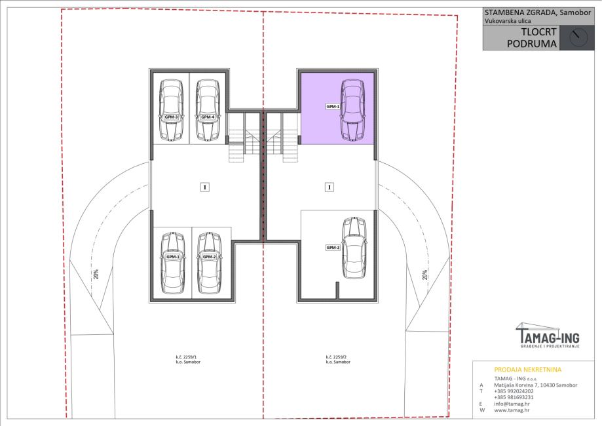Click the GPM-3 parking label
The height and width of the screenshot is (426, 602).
click(171, 117)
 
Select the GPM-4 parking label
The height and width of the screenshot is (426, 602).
click(208, 117)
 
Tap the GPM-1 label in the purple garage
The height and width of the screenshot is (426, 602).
click(333, 106)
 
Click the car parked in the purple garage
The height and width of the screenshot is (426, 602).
click(353, 110)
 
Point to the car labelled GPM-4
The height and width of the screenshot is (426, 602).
click(208, 110)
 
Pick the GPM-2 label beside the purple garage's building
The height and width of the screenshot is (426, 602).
click(333, 247)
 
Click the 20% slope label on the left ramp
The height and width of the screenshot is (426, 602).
click(96, 274)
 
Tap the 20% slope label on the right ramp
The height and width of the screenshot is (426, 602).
click(424, 275)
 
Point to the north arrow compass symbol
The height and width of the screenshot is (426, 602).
click(578, 37)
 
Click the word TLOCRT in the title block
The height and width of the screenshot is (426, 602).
click(538, 32)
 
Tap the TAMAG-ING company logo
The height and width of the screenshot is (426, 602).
click(548, 336)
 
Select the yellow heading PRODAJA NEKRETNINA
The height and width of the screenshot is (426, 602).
click(527, 370)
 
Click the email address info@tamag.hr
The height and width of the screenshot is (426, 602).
click(512, 404)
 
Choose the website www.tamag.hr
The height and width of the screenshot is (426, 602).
click(512, 410)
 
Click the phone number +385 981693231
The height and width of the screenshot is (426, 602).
click(514, 397)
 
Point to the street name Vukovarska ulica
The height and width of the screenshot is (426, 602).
click(508, 21)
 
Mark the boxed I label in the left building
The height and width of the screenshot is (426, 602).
click(205, 187)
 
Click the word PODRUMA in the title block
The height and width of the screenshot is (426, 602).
click(532, 43)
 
